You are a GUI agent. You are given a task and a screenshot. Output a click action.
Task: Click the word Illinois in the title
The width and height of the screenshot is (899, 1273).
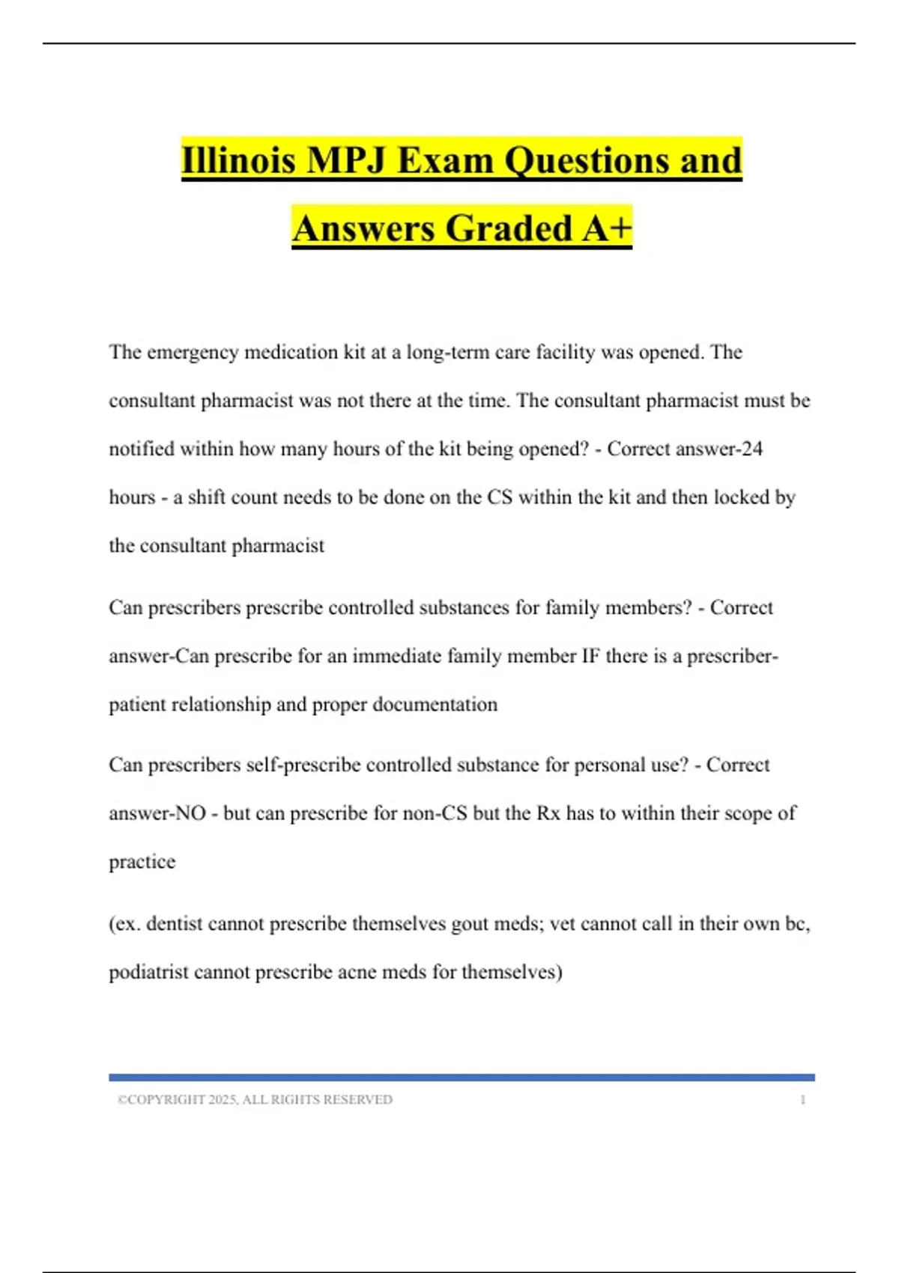coord(238,160)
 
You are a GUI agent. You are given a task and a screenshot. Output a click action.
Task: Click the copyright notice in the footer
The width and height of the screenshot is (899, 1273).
coord(255,1099)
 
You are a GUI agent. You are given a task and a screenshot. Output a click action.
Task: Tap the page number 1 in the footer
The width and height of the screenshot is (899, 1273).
coord(803,1099)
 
